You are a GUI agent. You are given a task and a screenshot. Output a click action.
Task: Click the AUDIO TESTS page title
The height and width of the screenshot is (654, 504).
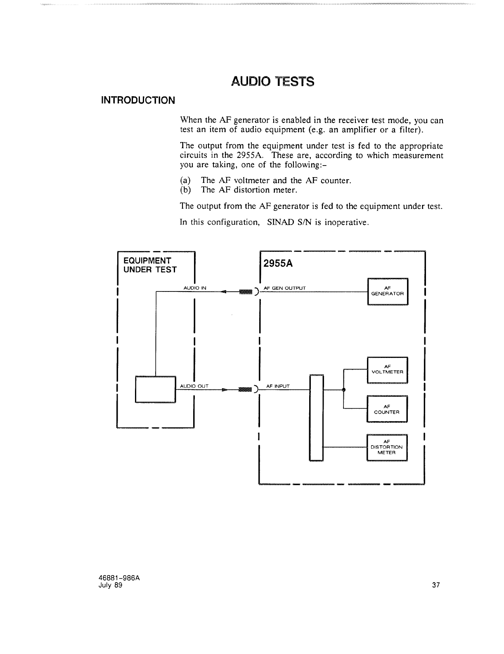tap(273, 82)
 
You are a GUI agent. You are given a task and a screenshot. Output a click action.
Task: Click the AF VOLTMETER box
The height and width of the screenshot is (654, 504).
tap(387, 370)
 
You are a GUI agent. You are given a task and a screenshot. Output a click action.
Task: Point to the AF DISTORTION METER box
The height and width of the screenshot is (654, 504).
tap(387, 447)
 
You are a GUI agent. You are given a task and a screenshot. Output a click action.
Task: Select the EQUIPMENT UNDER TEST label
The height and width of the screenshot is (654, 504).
tap(150, 265)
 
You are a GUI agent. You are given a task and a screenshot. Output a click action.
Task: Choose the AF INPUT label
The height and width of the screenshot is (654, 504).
tap(278, 386)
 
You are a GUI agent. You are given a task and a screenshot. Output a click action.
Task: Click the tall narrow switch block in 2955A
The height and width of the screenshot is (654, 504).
tap(316, 417)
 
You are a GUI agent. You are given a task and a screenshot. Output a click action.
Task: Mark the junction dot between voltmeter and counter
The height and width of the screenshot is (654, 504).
tap(343, 389)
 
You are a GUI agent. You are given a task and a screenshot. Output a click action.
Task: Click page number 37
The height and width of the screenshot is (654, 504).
tap(436, 585)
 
